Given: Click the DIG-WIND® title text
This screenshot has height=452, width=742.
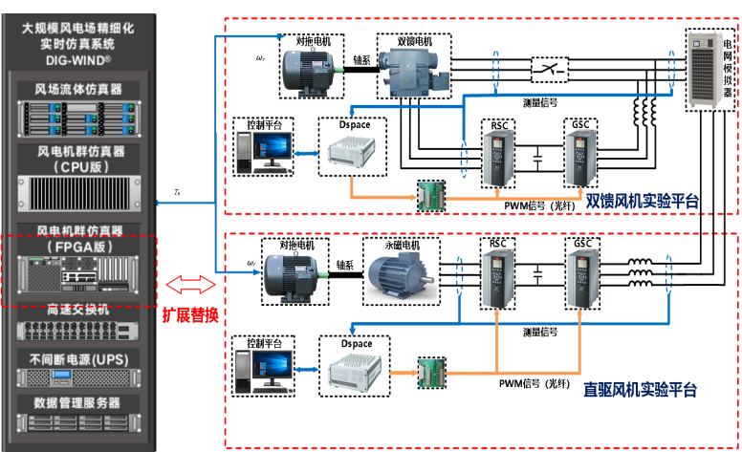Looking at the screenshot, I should click(x=77, y=58).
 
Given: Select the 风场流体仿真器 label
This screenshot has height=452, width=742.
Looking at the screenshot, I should click(x=78, y=89).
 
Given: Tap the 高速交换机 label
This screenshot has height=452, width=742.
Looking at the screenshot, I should click(x=78, y=310).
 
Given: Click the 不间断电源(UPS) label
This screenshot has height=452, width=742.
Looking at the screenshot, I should click(x=78, y=358).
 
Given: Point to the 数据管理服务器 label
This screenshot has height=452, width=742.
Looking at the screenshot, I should click(x=78, y=403).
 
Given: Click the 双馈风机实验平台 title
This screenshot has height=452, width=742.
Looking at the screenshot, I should click(x=642, y=200).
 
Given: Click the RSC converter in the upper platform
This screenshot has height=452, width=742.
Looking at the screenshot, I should click(x=499, y=156).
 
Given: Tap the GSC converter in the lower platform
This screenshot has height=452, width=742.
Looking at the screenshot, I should click(x=580, y=278).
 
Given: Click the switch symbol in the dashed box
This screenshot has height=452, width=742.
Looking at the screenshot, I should click(x=548, y=69).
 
